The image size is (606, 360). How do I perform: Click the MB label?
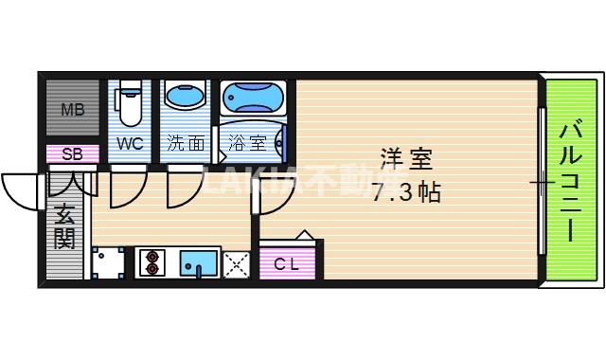(x=73, y=109)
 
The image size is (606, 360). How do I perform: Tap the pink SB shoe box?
(x=72, y=153)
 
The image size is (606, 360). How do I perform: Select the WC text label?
(x=130, y=144)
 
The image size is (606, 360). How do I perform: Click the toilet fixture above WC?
(x=130, y=106)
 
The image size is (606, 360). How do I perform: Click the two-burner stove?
(x=151, y=262)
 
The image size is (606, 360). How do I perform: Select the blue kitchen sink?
(x=199, y=262)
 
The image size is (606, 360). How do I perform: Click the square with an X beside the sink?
(x=236, y=262)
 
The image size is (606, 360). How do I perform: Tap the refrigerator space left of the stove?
(x=108, y=262)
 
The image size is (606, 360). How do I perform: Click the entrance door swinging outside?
(x=21, y=194)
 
